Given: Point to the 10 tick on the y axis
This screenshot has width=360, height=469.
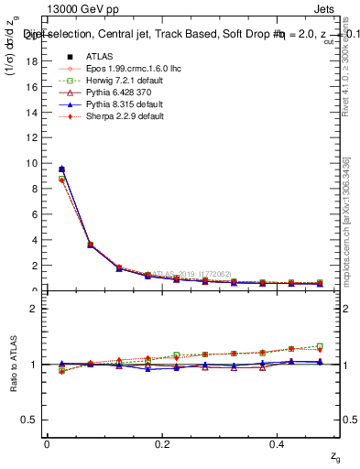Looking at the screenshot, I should coord(35,163).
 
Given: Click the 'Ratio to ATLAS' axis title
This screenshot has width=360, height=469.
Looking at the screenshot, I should coord(12,364).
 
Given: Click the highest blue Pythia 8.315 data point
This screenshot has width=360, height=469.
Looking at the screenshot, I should coord(61,169).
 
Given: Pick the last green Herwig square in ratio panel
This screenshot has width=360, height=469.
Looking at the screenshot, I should coord(320,346).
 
